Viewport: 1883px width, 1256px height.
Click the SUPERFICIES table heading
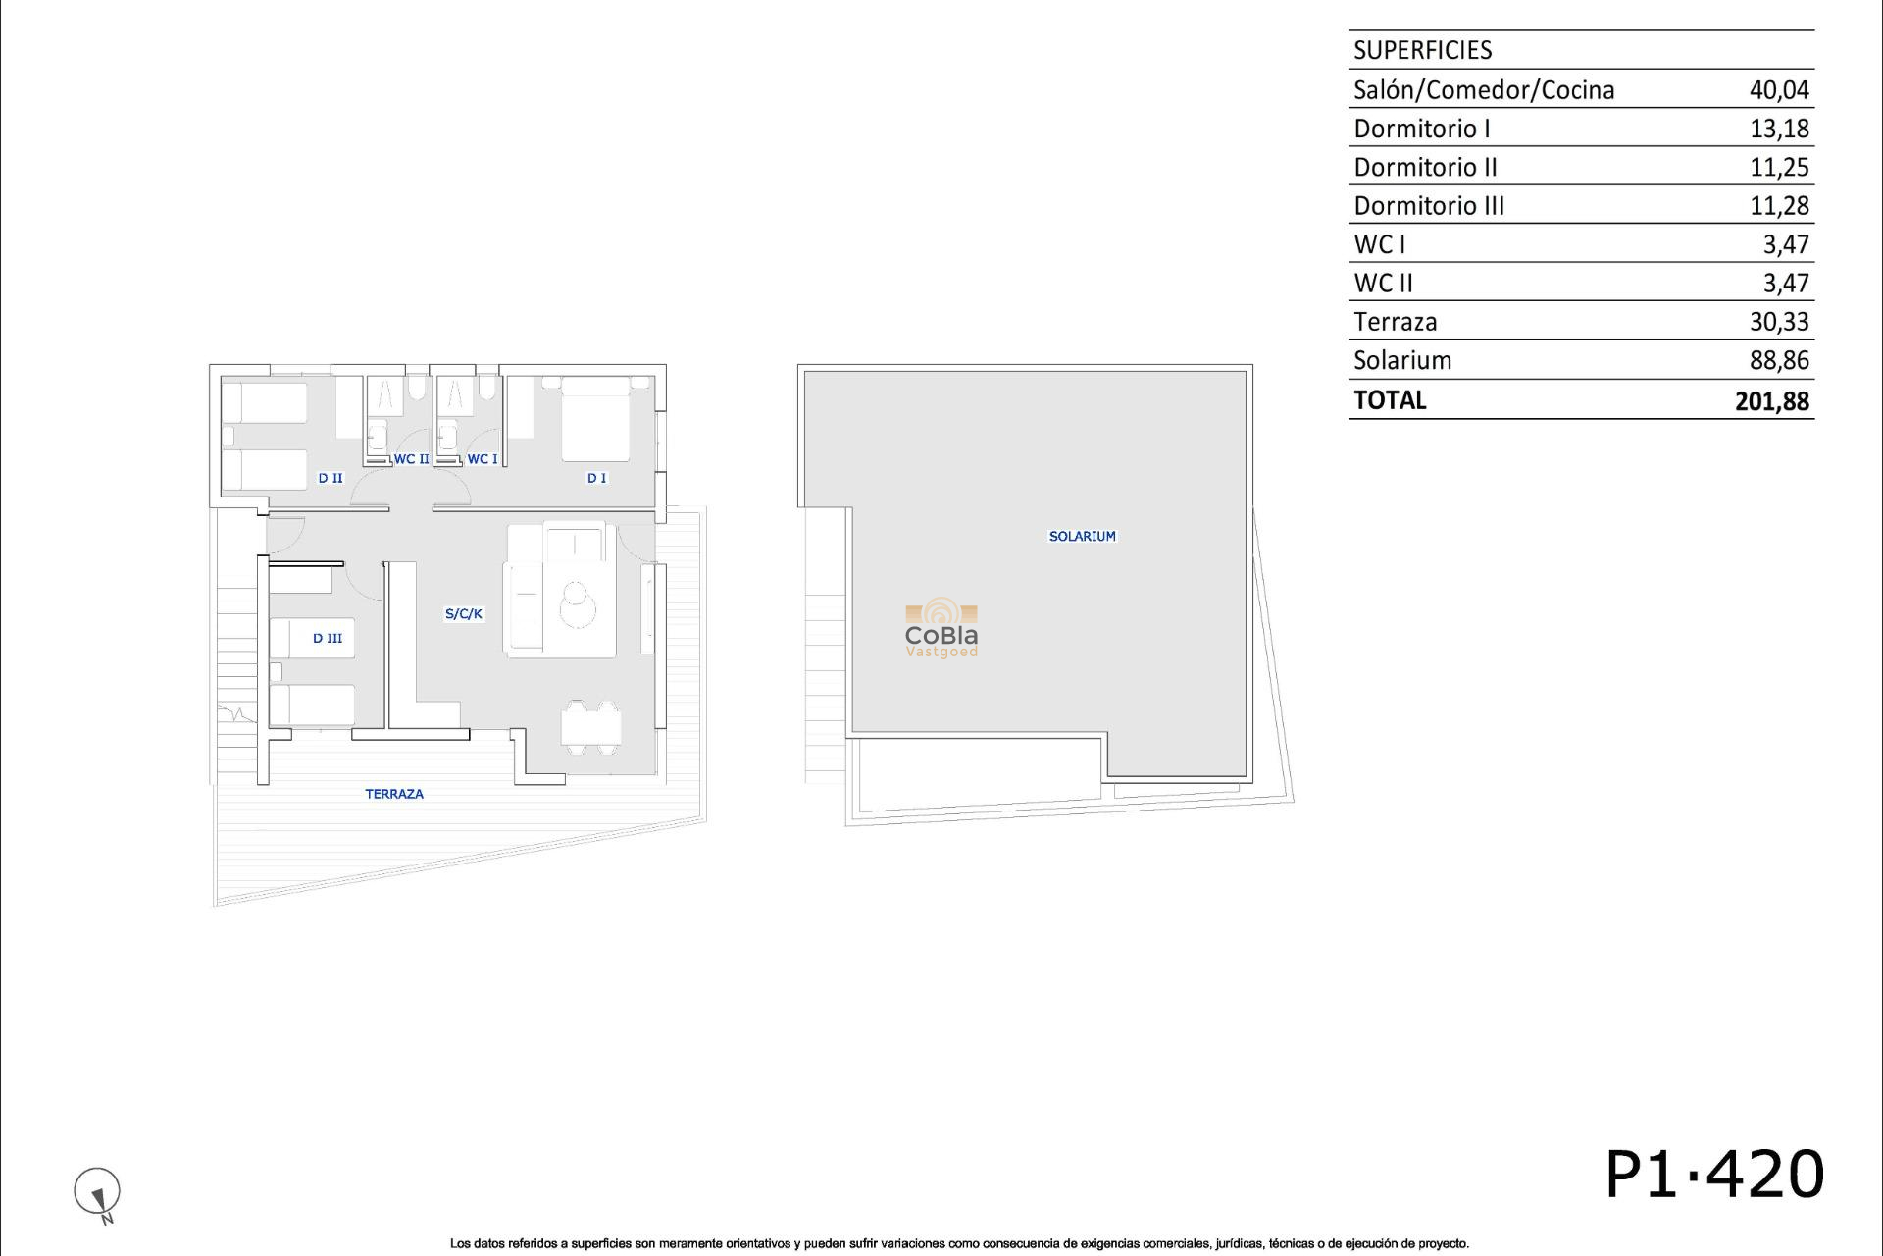pos(1422,50)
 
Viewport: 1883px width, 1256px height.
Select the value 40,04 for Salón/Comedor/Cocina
pos(1778,90)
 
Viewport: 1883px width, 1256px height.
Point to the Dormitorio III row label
pos(1428,206)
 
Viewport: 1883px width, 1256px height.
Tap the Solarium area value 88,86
pos(1778,361)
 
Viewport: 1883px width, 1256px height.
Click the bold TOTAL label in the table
pos(1390,400)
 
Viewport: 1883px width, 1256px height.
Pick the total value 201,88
pos(1771,401)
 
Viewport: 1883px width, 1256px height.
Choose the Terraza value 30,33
pos(1778,322)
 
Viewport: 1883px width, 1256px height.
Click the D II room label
pos(331,479)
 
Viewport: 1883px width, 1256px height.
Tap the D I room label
pos(596,479)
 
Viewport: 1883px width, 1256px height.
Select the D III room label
pos(328,639)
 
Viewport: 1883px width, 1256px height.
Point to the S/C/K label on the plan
pos(464,614)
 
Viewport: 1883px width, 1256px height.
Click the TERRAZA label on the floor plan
pos(394,794)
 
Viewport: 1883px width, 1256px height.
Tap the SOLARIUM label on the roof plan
pos(1082,537)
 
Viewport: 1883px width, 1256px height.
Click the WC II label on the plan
pos(411,459)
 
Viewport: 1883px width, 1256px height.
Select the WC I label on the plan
pos(482,459)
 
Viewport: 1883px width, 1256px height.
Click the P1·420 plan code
pos(1713,1175)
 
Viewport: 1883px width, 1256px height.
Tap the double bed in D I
pos(595,419)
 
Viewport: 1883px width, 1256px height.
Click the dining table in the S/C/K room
pos(590,727)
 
